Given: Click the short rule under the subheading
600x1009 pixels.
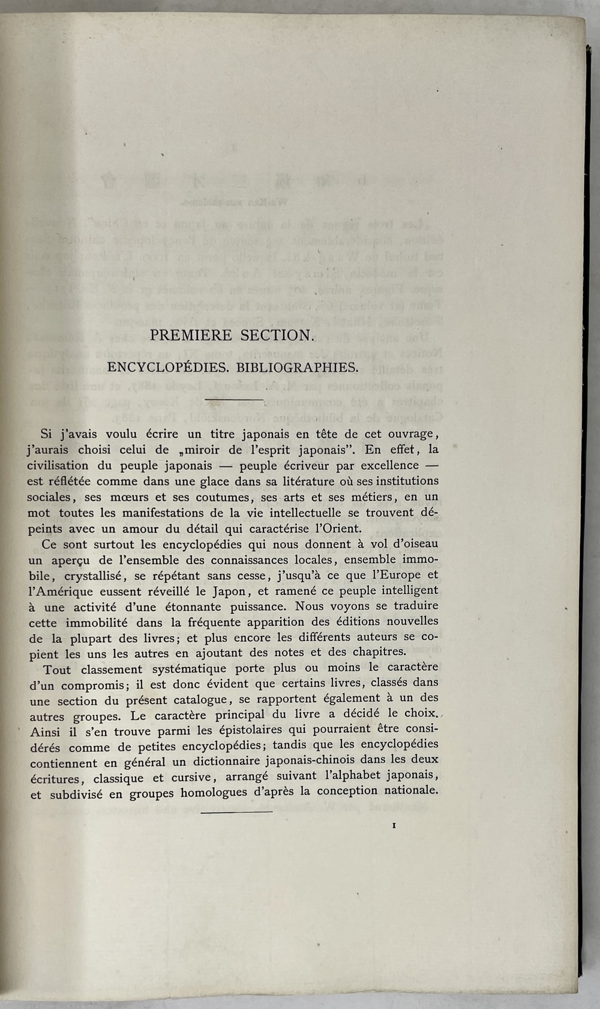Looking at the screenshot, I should [x=234, y=399].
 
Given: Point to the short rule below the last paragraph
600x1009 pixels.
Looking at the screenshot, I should [x=236, y=812].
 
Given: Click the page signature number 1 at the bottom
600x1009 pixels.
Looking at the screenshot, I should [x=394, y=825].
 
